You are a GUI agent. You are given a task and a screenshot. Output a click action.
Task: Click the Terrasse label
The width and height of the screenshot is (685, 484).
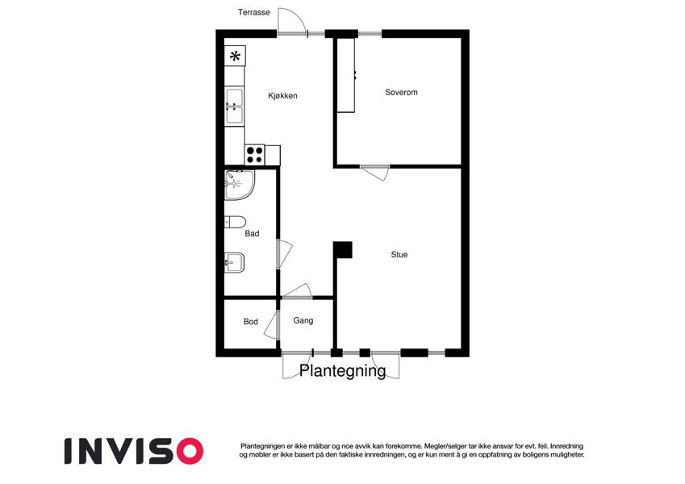253,12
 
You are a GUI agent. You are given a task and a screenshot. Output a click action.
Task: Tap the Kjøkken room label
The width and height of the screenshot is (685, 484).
282,96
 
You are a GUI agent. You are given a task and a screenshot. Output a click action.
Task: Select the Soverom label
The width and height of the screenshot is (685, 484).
401,92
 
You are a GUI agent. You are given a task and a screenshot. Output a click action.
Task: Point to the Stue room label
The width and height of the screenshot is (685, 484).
399,254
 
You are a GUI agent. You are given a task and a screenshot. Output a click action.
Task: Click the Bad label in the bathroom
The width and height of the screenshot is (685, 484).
252,234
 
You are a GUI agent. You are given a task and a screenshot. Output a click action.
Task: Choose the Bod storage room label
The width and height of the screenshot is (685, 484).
251,322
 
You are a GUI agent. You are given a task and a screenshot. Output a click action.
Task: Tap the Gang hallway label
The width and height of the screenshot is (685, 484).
303,320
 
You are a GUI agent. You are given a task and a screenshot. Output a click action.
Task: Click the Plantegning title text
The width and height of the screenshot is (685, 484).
342,370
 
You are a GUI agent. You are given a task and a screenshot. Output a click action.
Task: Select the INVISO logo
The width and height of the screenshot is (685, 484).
134,451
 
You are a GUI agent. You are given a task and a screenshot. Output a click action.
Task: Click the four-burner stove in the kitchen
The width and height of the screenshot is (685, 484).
255,155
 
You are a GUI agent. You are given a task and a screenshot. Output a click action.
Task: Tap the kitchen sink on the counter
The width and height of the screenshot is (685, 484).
234,106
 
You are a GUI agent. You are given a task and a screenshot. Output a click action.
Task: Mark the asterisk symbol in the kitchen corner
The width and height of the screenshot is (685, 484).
235,56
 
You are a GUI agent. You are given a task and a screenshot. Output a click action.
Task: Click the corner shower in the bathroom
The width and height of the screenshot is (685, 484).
239,185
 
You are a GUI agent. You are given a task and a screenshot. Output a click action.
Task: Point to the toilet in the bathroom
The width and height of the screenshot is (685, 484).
235,222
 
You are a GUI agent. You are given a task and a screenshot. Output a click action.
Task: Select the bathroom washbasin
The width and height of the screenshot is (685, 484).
234,263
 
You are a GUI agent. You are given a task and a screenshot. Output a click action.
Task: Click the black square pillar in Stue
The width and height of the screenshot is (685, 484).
343,250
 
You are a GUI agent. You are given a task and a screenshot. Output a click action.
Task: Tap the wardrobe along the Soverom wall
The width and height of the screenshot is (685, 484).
345,76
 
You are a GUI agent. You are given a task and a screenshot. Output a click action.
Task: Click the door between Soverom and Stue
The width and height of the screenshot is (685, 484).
374,172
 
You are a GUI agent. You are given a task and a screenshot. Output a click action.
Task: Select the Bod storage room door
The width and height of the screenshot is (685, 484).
272,324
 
